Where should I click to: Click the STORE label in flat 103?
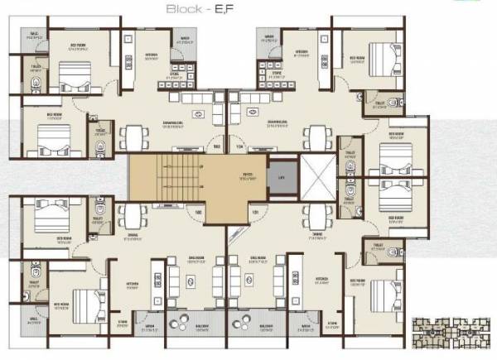click(x=175, y=72)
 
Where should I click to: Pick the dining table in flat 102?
click(x=133, y=217)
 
